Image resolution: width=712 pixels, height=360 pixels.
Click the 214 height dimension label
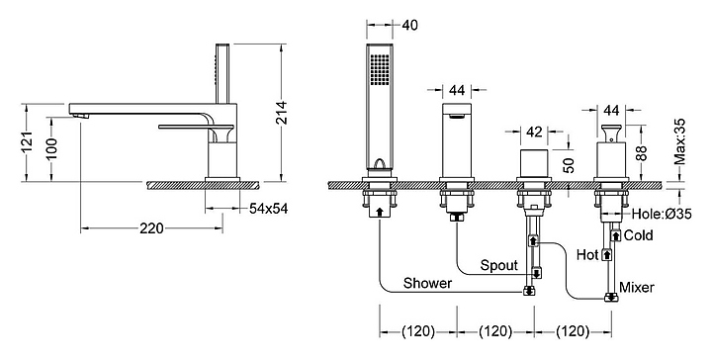[x=282, y=113]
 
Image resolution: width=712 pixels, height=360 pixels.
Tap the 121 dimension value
[x=28, y=142]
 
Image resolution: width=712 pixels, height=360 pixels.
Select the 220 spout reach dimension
[x=151, y=228]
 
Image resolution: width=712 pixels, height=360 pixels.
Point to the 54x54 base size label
[x=268, y=209]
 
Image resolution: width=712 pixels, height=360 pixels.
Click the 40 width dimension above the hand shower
[x=409, y=25]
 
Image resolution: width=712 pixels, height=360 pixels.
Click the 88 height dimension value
[x=641, y=153]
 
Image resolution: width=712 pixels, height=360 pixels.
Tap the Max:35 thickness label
[x=679, y=141]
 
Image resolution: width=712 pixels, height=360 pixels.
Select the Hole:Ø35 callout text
[x=662, y=213]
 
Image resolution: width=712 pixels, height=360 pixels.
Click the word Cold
[x=639, y=235]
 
